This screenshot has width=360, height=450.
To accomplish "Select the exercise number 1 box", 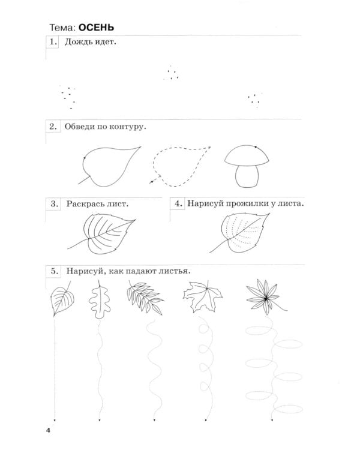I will (53, 42).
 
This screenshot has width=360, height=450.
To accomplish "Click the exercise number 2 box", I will (53, 127).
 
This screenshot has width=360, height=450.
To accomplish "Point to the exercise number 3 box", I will (53, 204).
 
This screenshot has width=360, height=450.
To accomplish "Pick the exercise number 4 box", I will (178, 204).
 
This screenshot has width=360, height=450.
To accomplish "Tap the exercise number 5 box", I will (54, 271).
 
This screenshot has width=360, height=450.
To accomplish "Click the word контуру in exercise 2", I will (127, 127).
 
